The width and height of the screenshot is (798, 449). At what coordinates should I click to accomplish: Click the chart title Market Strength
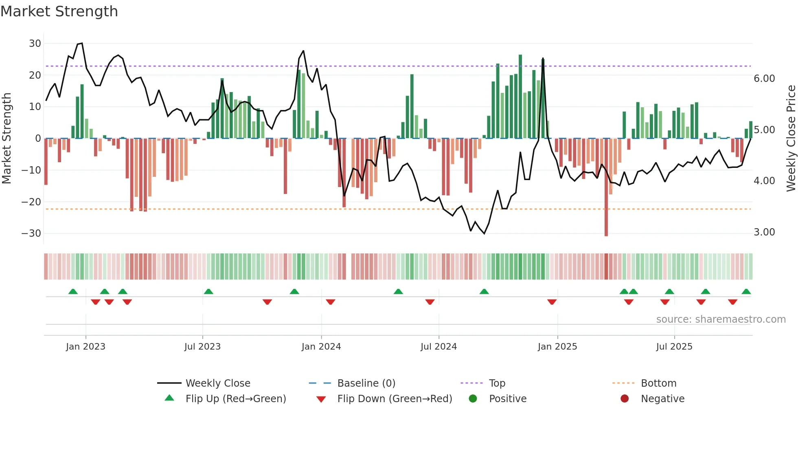tap(59, 11)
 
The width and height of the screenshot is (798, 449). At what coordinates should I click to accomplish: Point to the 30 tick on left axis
tap(35, 44)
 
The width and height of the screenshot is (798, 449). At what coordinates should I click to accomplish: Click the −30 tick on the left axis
tap(31, 233)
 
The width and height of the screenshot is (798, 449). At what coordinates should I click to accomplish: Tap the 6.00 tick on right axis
tap(764, 79)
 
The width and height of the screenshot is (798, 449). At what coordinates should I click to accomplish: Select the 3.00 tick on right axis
tap(764, 232)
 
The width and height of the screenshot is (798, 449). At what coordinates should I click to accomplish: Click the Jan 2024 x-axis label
tap(321, 347)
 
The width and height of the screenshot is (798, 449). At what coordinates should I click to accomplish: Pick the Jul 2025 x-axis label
tap(674, 347)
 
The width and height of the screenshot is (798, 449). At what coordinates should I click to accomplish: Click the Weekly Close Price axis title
tap(791, 139)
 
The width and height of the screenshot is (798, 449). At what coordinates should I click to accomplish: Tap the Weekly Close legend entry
tap(218, 383)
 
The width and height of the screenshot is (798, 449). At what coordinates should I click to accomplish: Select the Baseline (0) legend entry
tap(366, 383)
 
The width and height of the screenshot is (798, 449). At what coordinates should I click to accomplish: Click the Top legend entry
tap(497, 383)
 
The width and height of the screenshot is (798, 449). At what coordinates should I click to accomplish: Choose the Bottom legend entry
tap(658, 383)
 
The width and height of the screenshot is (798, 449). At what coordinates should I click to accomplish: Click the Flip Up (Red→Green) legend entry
tap(235, 399)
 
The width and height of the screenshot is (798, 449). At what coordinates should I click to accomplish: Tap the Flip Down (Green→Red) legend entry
tap(395, 399)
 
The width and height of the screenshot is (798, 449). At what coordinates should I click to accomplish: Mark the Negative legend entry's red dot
tap(625, 399)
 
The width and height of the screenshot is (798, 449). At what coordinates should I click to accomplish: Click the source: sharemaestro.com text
tap(721, 319)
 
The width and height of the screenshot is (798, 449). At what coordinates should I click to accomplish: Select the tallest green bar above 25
tap(520, 96)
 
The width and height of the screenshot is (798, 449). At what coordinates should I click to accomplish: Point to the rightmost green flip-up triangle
tap(746, 292)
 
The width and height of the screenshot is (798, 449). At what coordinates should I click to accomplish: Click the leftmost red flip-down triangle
tap(96, 302)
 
